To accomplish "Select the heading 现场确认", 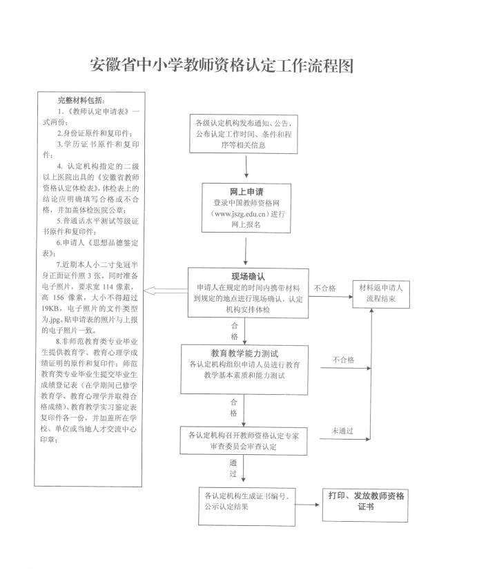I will pyautogui.click(x=246, y=275).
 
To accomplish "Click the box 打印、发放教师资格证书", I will pyautogui.click(x=366, y=501).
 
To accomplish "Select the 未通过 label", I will pyautogui.click(x=342, y=430).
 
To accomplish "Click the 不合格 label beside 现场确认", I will pyautogui.click(x=324, y=288).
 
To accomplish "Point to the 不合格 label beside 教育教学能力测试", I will pyautogui.click(x=343, y=360).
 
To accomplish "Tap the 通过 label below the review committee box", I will pyautogui.click(x=233, y=469).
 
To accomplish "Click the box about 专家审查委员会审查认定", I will pyautogui.click(x=246, y=441).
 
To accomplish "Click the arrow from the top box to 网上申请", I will pyautogui.click(x=246, y=167).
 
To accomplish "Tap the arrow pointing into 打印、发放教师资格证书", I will pyautogui.click(x=308, y=505).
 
